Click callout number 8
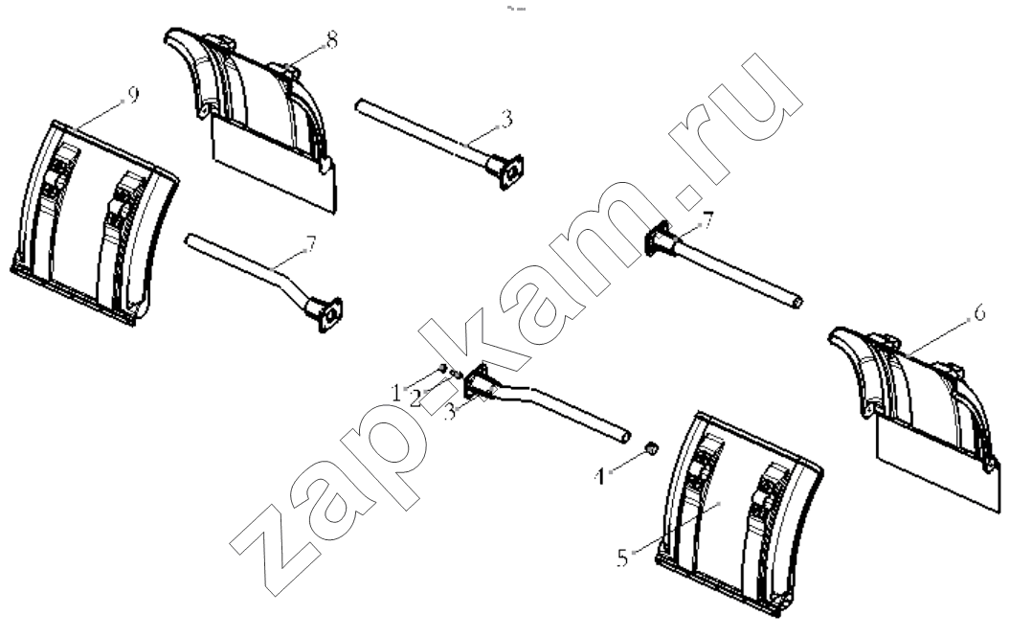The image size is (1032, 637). pyautogui.click(x=331, y=40)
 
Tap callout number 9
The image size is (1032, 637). pyautogui.click(x=133, y=96)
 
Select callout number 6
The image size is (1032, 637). pyautogui.click(x=979, y=313)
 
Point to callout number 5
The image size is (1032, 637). pyautogui.click(x=622, y=558)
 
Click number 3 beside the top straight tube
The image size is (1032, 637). pyautogui.click(x=506, y=119)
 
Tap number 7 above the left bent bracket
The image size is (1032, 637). pyautogui.click(x=311, y=244)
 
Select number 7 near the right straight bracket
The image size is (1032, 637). pyautogui.click(x=708, y=220)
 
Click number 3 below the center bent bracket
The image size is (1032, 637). pyautogui.click(x=450, y=413)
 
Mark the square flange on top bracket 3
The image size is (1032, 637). pyautogui.click(x=511, y=171)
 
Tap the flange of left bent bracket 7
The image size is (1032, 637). pyautogui.click(x=330, y=314)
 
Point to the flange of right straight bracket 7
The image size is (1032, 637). pyautogui.click(x=656, y=239)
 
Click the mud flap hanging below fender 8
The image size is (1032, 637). pyautogui.click(x=274, y=166)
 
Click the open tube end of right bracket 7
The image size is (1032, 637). pyautogui.click(x=797, y=303)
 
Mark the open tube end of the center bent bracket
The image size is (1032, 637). pyautogui.click(x=625, y=436)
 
